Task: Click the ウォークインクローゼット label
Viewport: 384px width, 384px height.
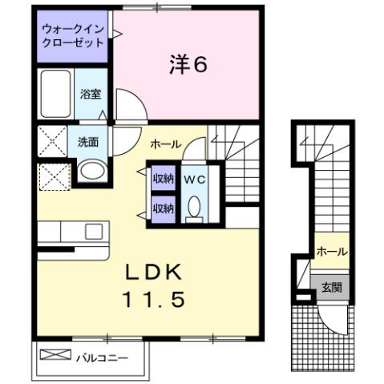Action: click(73, 35)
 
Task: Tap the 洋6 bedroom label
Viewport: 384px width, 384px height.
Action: click(189, 64)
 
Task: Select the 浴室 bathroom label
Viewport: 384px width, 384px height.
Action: click(90, 94)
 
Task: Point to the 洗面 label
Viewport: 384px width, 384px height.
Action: click(88, 142)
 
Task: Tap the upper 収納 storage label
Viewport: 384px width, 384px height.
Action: click(164, 179)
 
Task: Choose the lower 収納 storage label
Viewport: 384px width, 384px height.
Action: click(164, 208)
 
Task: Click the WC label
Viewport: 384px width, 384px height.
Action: click(194, 180)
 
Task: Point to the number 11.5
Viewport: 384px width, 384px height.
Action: click(154, 300)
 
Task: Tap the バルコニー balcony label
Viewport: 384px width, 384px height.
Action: click(102, 357)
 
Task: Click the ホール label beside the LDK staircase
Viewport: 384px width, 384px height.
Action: click(166, 144)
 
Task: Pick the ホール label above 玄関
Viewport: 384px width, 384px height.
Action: click(331, 252)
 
